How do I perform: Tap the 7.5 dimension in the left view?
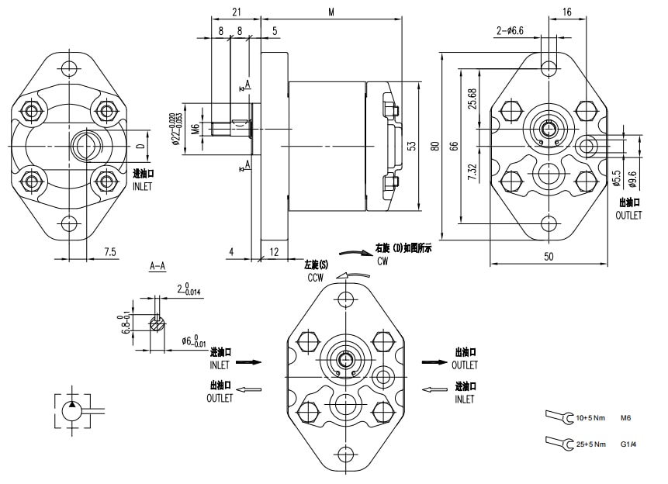tap(110, 251)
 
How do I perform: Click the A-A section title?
tap(157, 265)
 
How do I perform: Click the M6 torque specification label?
tap(626, 419)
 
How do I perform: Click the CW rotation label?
tap(382, 262)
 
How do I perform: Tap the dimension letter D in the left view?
tap(140, 145)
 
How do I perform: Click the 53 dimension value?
tap(412, 145)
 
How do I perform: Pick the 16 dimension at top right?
tap(567, 12)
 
